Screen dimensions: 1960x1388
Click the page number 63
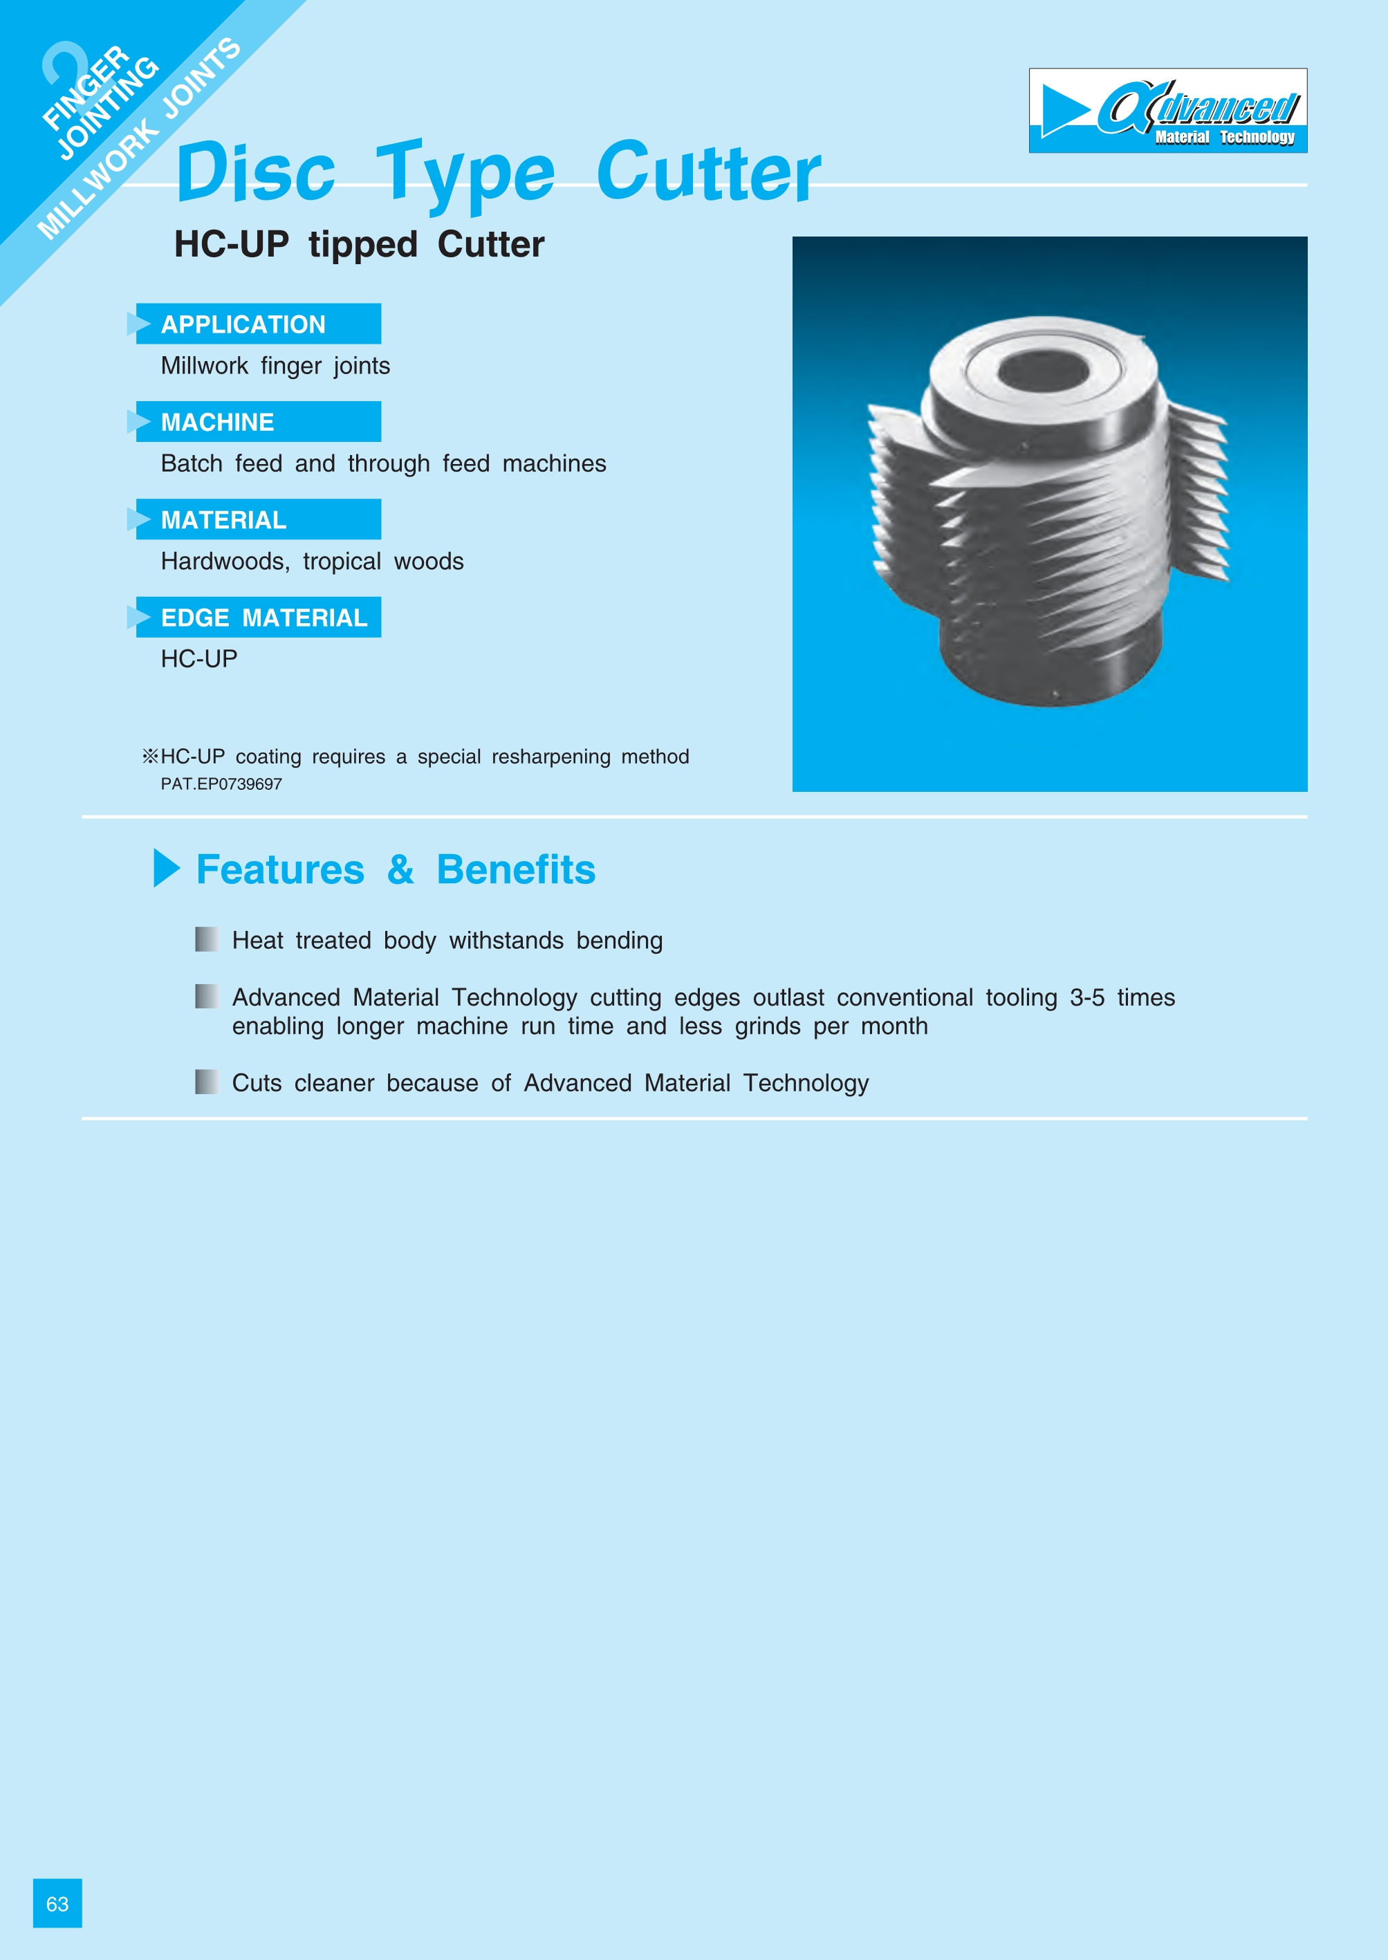coord(57,1903)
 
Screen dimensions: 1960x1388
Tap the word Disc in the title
coord(256,173)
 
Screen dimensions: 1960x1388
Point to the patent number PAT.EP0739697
coord(221,784)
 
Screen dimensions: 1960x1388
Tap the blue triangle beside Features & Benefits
coord(167,869)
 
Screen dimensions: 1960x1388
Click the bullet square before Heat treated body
coord(206,939)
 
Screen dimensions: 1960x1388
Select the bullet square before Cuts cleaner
coord(206,1082)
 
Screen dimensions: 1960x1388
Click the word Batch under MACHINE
coord(192,463)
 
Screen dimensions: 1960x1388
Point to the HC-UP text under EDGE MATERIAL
coord(199,659)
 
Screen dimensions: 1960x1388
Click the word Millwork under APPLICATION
coord(204,366)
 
